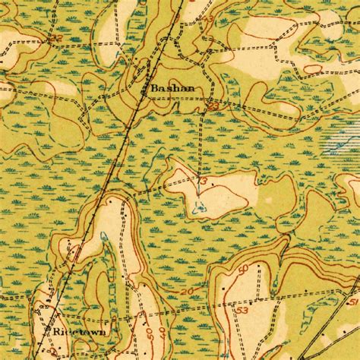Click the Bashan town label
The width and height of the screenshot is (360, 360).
[172, 88]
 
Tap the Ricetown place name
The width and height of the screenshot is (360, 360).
[79, 333]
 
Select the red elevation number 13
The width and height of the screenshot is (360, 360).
[203, 179]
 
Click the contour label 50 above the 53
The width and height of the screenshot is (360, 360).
[242, 269]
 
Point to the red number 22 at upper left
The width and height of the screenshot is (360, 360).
[55, 37]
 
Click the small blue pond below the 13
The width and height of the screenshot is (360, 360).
[199, 206]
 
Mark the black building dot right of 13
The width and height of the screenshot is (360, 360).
[215, 183]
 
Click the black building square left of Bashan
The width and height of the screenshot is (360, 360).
[146, 91]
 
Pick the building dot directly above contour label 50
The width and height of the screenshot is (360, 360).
[259, 267]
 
